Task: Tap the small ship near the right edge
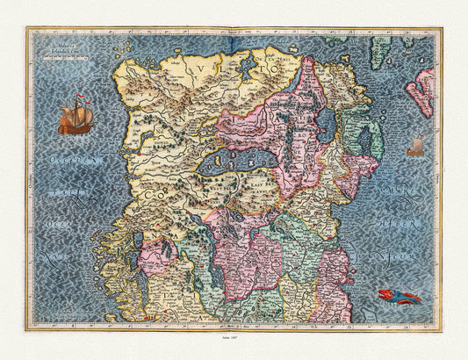(x=415, y=147)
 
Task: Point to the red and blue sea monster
(x=399, y=296)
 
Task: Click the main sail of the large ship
(x=76, y=112)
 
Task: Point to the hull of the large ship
(x=76, y=127)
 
